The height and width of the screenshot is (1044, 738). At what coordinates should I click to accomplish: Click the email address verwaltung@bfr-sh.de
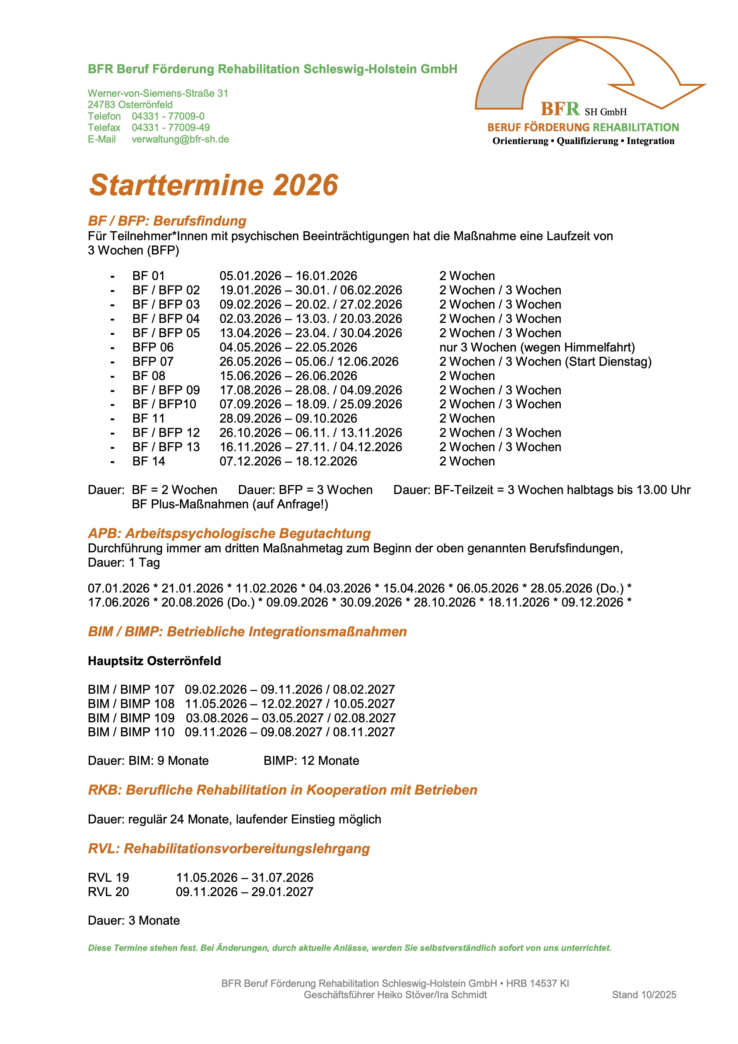(180, 139)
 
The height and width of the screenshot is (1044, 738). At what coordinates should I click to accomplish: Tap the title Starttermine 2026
(213, 185)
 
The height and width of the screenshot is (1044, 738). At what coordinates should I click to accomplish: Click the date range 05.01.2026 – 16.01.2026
(288, 276)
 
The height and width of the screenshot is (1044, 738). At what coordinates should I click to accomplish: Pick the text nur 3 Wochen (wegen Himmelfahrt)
(537, 347)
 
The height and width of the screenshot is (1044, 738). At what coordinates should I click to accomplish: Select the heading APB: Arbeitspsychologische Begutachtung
(229, 533)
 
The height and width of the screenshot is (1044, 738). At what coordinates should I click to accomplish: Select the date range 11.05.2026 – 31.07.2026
(245, 878)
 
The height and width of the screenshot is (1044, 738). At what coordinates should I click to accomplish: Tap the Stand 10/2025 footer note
(644, 995)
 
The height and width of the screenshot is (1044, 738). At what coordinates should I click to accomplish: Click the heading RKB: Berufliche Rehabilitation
(282, 790)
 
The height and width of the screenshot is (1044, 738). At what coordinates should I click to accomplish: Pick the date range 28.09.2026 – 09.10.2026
(288, 418)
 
